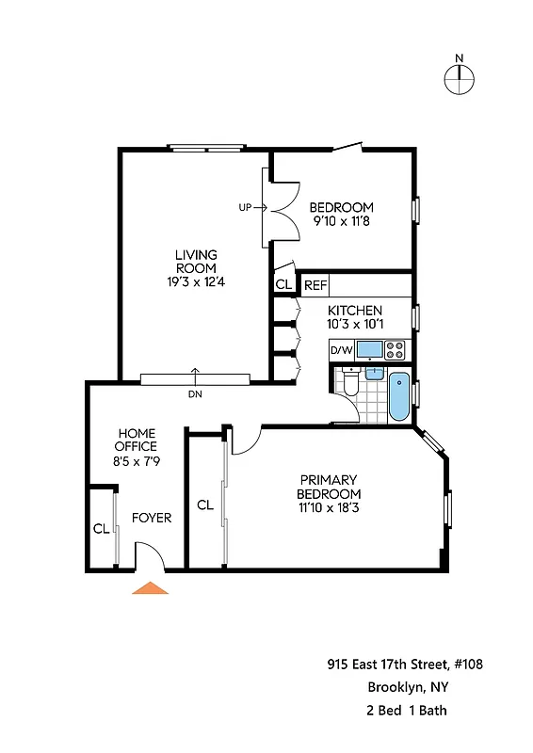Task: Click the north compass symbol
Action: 459,80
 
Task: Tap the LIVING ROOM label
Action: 196,262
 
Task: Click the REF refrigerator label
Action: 315,283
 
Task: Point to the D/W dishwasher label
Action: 340,351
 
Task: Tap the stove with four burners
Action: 396,351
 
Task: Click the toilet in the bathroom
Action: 350,383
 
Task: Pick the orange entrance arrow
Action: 150,588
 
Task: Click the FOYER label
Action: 151,518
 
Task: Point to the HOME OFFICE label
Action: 136,440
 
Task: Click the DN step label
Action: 195,394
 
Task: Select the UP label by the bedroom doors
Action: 245,207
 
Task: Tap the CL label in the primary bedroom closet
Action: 205,505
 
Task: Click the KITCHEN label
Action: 354,311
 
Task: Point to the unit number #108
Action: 468,665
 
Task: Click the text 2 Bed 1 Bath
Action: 407,710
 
